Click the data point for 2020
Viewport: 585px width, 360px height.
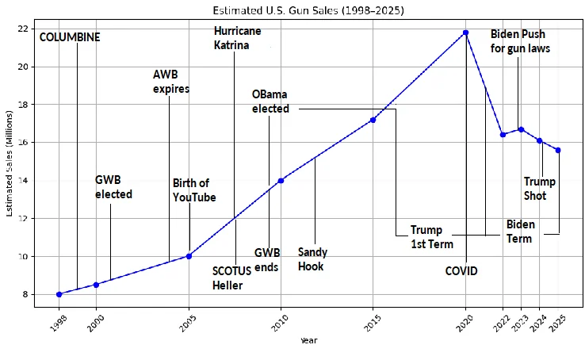[x=465, y=33]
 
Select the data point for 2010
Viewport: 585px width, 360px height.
[x=281, y=181]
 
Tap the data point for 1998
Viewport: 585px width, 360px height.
[x=59, y=294]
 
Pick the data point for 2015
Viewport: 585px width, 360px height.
[x=373, y=120]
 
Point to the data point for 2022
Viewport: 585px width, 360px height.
[x=503, y=135]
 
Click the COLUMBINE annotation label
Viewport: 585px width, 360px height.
[x=70, y=37]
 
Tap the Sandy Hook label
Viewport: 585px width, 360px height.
[x=312, y=259]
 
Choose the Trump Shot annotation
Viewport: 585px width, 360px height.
[x=540, y=189]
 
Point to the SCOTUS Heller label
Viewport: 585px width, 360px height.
[x=232, y=278]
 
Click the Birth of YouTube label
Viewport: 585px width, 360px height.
[x=194, y=190]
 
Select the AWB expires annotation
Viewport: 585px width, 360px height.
[x=171, y=82]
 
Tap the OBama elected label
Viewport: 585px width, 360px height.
[x=270, y=101]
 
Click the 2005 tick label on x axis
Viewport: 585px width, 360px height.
[x=187, y=320]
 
